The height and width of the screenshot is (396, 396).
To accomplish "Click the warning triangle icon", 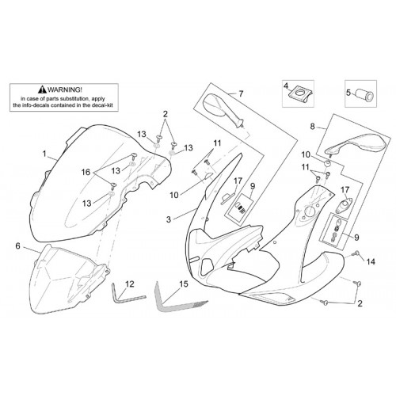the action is tap(42, 89).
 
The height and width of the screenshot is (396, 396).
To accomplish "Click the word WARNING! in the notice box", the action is tap(65, 89).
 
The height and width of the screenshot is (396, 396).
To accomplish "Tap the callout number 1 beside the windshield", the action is tap(44, 154).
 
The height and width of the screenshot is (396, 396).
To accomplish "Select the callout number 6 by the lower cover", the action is tap(17, 246).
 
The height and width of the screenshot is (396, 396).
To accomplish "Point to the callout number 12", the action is tap(130, 284).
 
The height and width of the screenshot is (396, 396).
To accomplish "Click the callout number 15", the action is tap(184, 284).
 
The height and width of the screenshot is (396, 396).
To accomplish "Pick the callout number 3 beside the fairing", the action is tap(169, 219).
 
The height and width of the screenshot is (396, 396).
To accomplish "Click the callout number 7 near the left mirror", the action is tap(241, 93).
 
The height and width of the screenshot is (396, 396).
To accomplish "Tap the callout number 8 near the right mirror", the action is tap(313, 127).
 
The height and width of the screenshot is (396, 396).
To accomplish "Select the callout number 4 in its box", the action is tap(286, 86).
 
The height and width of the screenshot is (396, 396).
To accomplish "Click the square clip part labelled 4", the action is tap(301, 94).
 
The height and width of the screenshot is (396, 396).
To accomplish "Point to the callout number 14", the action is tap(371, 261).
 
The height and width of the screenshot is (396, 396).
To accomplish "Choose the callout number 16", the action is tap(86, 172).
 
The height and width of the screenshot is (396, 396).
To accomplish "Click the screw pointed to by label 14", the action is tap(356, 254).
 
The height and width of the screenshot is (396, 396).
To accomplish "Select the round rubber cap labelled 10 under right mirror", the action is tap(328, 163).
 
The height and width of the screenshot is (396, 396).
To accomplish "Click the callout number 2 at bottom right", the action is tap(360, 303).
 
